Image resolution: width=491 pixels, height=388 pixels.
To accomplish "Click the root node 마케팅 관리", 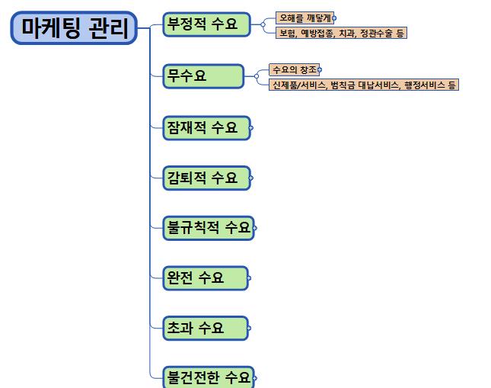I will [x=74, y=28].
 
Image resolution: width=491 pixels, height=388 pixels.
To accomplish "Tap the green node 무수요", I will [x=202, y=75].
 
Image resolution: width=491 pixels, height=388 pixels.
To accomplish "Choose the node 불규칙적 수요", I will [x=208, y=227].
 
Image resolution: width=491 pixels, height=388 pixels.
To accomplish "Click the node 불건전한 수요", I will [x=208, y=377].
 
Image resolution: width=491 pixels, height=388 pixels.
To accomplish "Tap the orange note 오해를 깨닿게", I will [x=304, y=18].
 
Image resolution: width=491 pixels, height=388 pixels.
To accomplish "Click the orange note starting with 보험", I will [x=340, y=33].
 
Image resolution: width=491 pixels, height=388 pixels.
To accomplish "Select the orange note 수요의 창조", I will [x=295, y=69].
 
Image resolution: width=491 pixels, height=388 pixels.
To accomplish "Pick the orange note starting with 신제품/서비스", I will [x=363, y=85].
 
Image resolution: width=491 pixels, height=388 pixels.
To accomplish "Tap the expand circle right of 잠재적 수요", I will [x=251, y=128].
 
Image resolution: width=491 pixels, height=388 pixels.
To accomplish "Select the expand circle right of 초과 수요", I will [x=249, y=329].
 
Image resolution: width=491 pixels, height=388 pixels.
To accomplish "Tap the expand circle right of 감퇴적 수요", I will [x=251, y=178].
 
